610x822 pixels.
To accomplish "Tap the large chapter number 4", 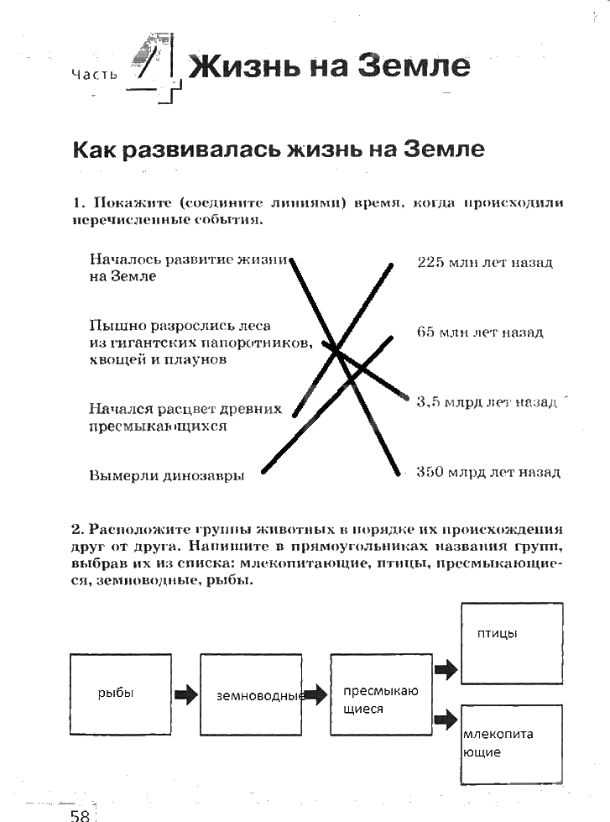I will pyautogui.click(x=157, y=65).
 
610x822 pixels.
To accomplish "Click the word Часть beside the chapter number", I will pyautogui.click(x=95, y=76).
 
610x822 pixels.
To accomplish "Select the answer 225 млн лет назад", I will pyautogui.click(x=484, y=263).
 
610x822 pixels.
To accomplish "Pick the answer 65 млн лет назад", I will pyautogui.click(x=479, y=332).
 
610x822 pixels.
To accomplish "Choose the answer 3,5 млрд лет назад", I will pyautogui.click(x=486, y=402).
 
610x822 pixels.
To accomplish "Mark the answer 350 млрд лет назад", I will pyautogui.click(x=487, y=472).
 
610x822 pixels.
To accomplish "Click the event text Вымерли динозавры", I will pyautogui.click(x=166, y=475).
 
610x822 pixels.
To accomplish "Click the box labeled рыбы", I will pyautogui.click(x=119, y=694).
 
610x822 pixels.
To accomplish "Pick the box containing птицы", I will pyautogui.click(x=511, y=642).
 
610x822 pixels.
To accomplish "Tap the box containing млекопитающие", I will pyautogui.click(x=511, y=744).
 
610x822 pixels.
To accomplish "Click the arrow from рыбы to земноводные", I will pyautogui.click(x=185, y=694).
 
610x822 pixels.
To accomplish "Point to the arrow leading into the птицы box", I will pyautogui.click(x=446, y=669).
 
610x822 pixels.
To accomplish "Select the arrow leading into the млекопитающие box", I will pyautogui.click(x=446, y=718).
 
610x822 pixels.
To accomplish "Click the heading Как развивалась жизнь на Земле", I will pyautogui.click(x=278, y=150).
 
